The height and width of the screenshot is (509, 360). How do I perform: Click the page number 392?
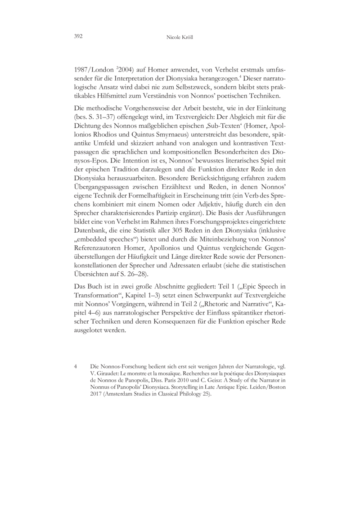[x=79, y=36]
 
